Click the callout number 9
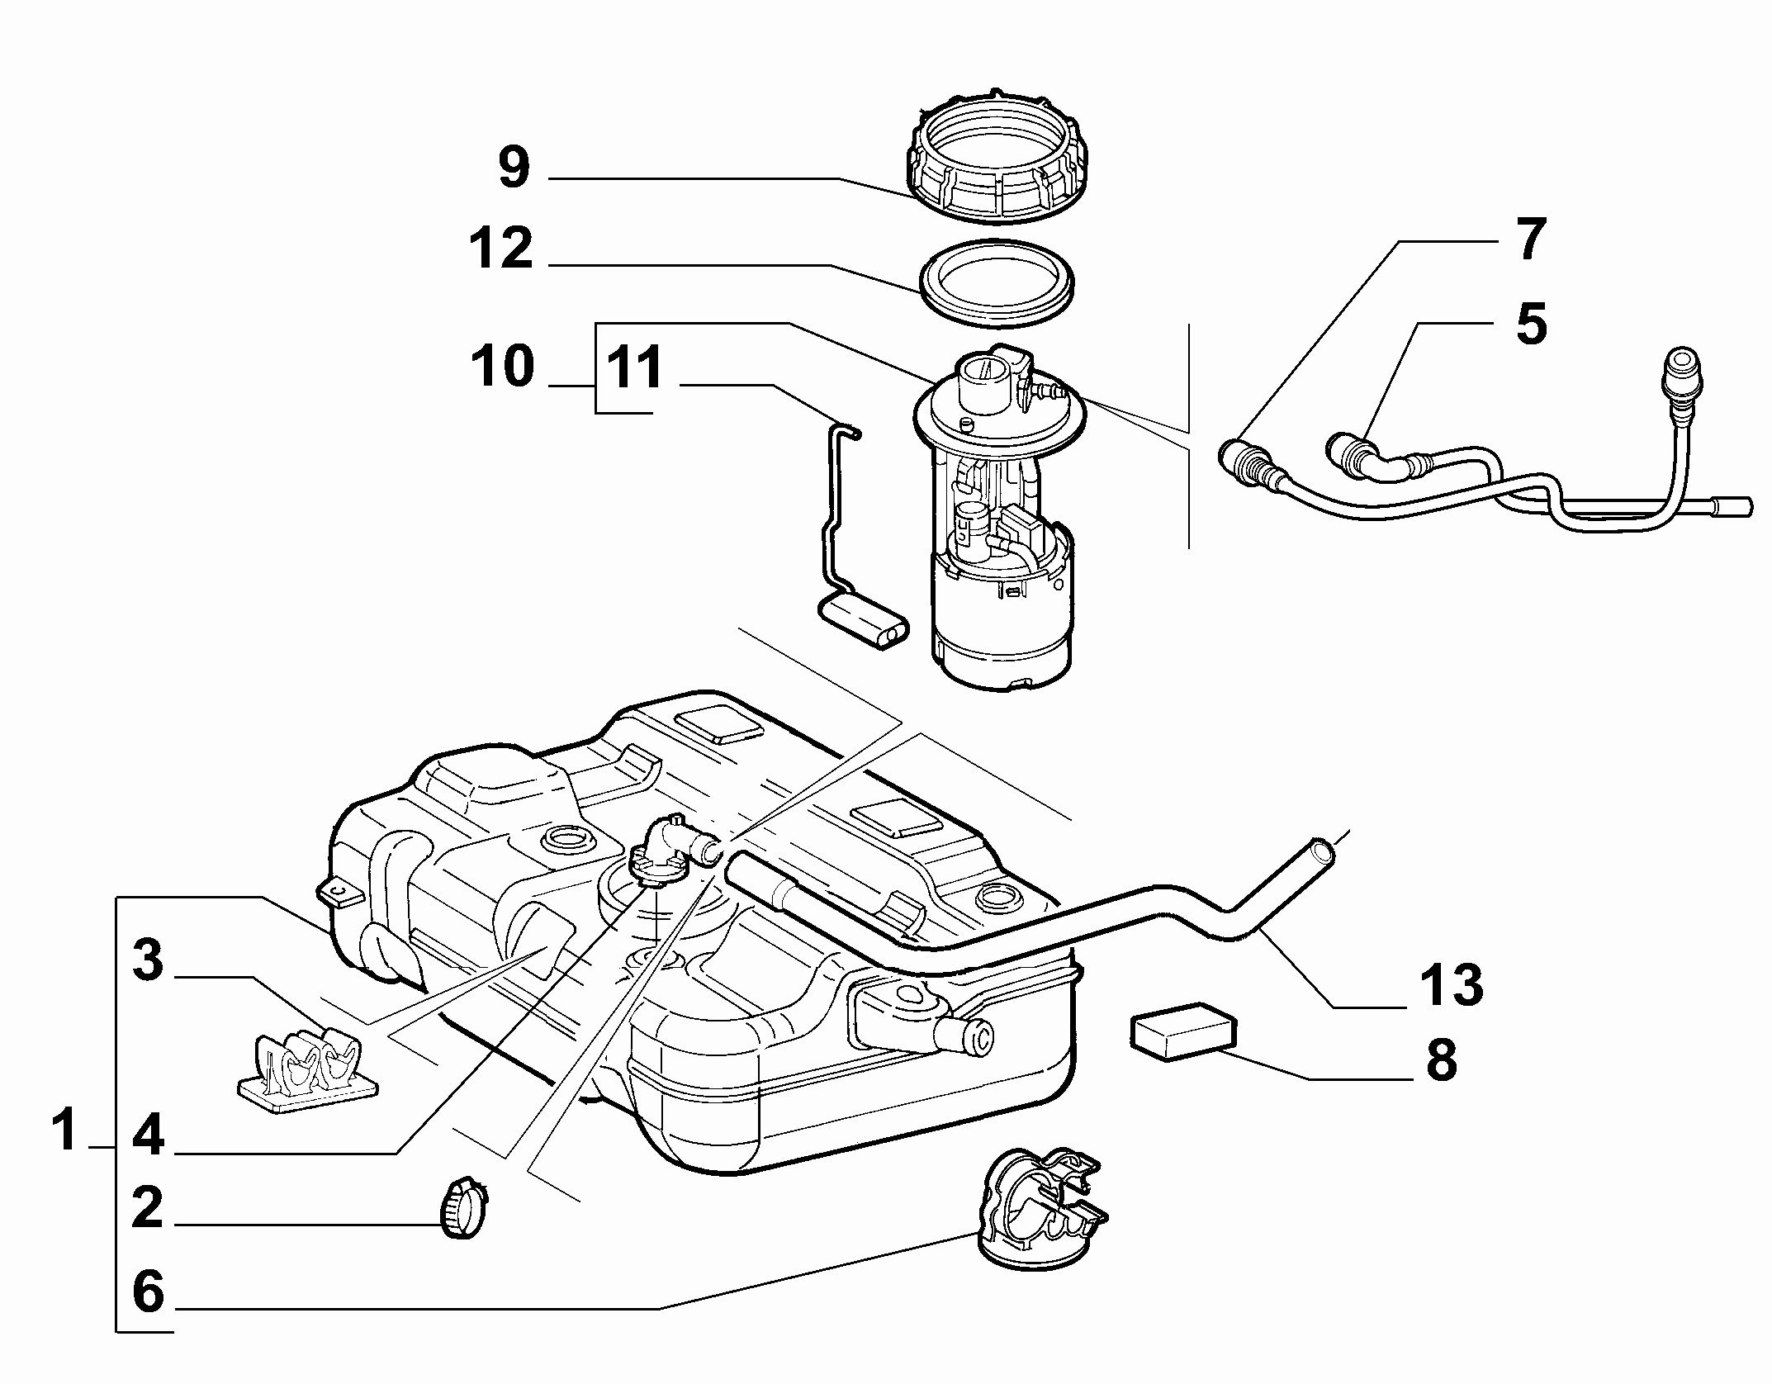coord(514,168)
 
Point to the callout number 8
coord(1441,1059)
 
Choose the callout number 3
coord(148,960)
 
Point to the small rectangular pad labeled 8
coord(1182,1031)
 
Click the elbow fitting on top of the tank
coord(673,859)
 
